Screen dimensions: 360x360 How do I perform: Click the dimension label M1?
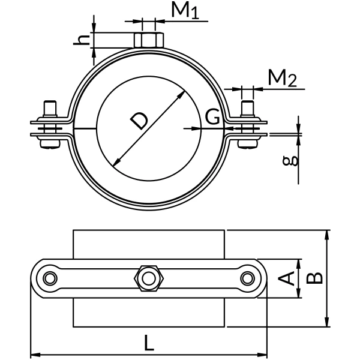click(x=185, y=11)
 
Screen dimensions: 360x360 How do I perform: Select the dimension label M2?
click(x=282, y=79)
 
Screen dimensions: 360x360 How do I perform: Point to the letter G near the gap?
click(x=212, y=117)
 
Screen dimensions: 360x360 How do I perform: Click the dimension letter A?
click(x=288, y=278)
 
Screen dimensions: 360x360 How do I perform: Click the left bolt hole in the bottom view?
click(x=49, y=278)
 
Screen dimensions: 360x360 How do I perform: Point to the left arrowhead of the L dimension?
click(x=34, y=353)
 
